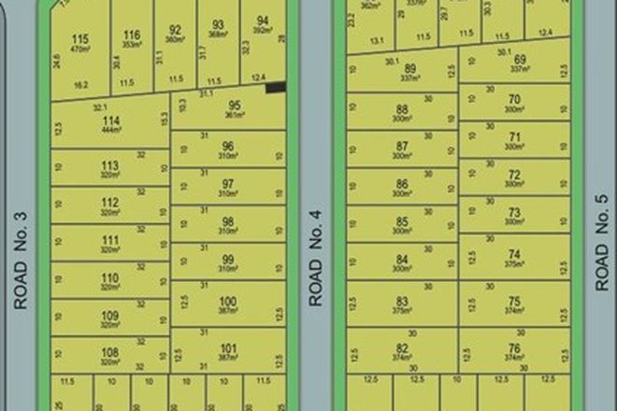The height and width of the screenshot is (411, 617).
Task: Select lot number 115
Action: point(80,38)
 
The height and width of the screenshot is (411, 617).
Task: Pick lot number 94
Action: point(263,21)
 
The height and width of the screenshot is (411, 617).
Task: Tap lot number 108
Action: point(110,352)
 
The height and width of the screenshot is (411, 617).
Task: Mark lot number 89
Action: point(409,68)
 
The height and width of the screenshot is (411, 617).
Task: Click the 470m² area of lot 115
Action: point(80,50)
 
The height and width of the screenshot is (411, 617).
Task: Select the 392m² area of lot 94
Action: point(263,31)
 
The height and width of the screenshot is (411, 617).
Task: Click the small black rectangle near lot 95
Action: point(275,88)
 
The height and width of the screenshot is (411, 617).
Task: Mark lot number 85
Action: point(403,222)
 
